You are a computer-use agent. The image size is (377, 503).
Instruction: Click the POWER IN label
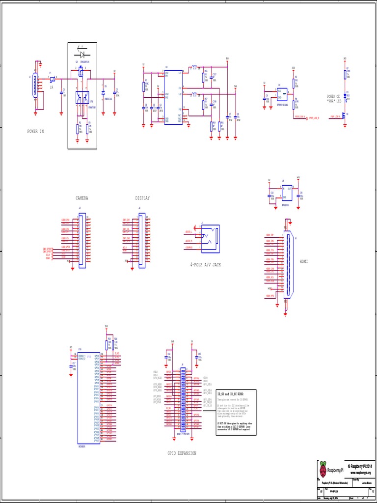tap(35, 131)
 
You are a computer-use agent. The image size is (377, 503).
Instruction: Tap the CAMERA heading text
tap(81, 198)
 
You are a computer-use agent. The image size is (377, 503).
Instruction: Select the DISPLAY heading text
tap(142, 198)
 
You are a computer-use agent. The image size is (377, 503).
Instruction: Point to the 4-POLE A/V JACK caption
tap(206, 264)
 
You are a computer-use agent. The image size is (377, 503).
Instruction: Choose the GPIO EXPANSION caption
tap(182, 453)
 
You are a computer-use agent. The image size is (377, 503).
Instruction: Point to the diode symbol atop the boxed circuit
tap(82, 53)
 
